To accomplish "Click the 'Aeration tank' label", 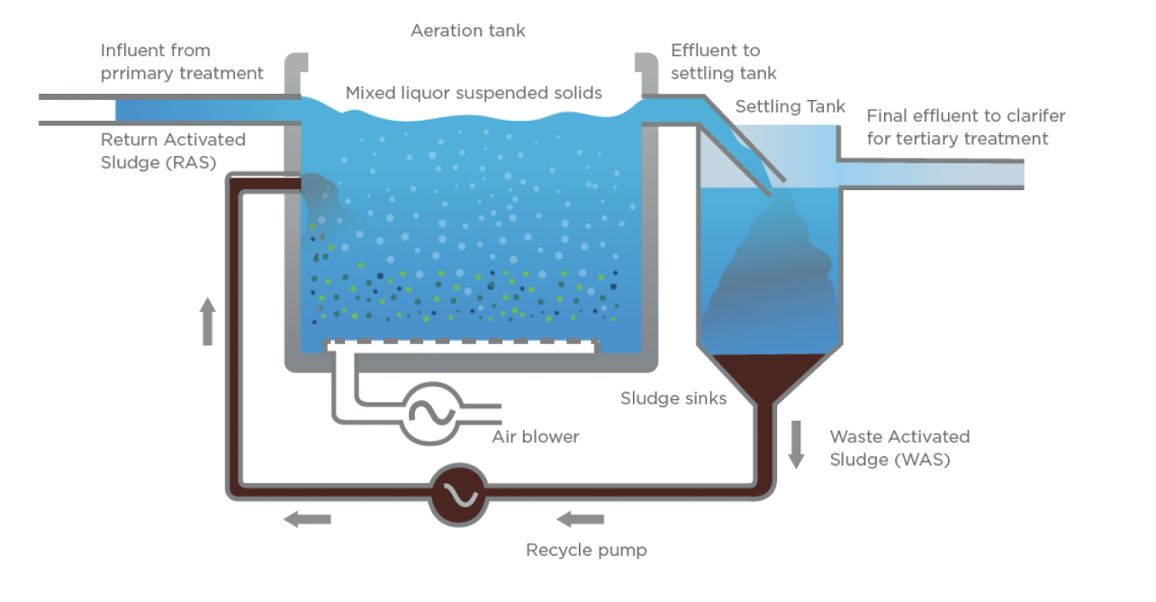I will click(x=467, y=31).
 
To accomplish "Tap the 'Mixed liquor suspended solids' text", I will click(x=474, y=93).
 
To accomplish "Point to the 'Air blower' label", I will click(x=536, y=437).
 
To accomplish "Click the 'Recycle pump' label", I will click(x=586, y=550).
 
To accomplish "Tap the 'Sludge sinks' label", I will click(x=673, y=397).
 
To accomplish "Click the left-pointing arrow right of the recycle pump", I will click(x=580, y=518).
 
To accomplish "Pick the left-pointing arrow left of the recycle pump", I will click(x=308, y=518).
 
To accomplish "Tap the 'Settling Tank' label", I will click(x=790, y=107).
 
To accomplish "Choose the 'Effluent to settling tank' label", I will click(x=723, y=61).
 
